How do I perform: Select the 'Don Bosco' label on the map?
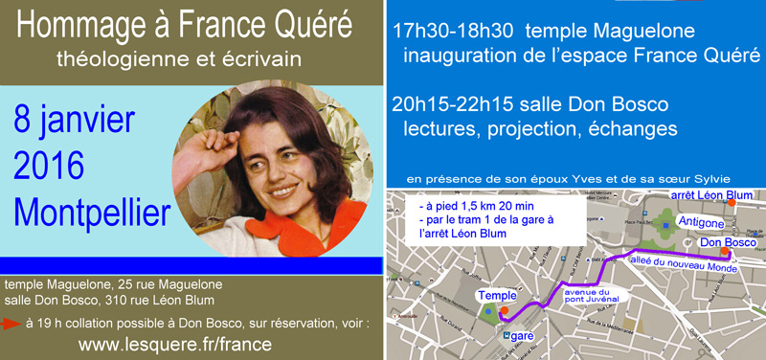(724, 243)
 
